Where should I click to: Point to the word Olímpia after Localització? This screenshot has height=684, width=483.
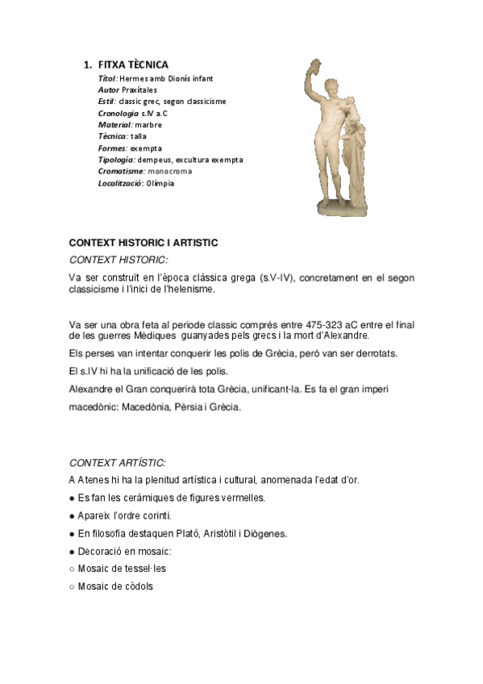click(160, 183)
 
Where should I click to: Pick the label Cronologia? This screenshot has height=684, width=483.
click(118, 113)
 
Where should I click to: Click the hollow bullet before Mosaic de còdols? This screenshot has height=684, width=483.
click(73, 586)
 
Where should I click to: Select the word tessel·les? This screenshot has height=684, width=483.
click(146, 569)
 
